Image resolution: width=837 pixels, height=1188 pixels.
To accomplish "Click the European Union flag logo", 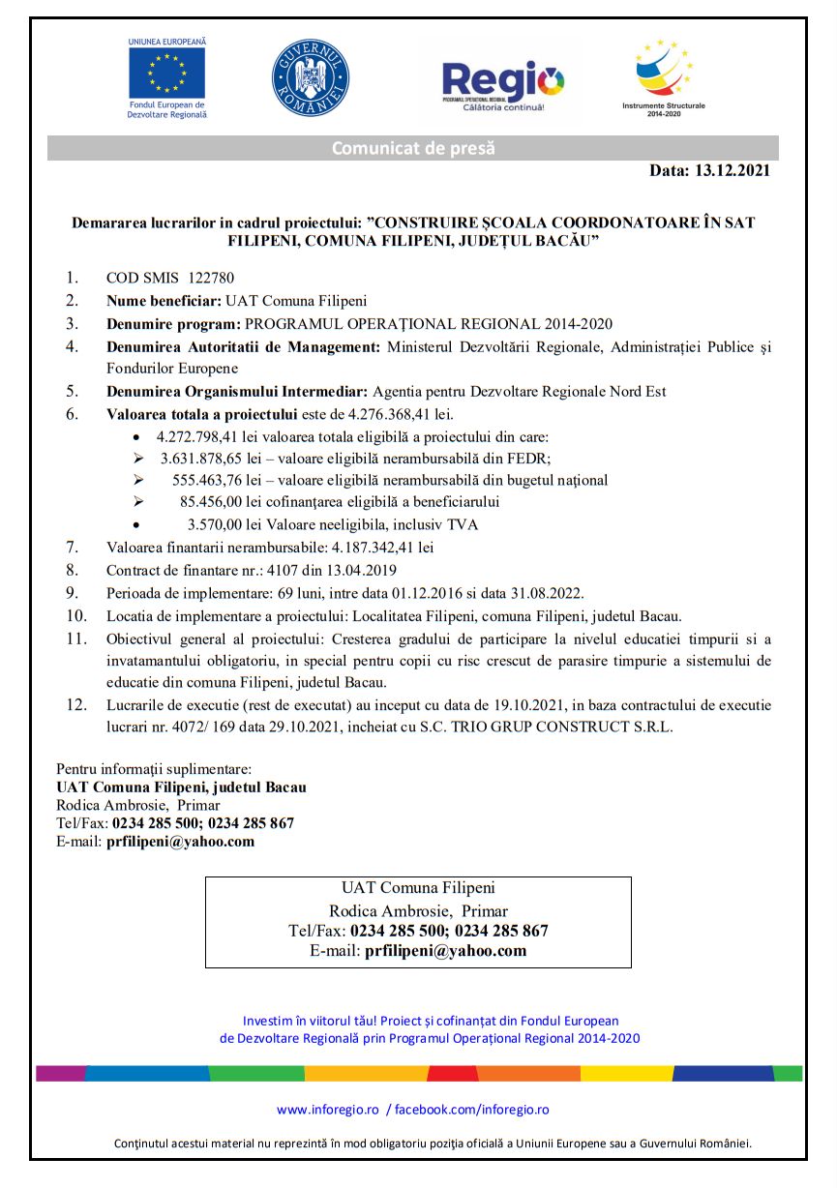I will (x=166, y=72).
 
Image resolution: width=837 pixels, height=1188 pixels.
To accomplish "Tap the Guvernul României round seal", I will (x=310, y=78).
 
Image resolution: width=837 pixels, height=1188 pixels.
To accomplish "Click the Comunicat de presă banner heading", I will (x=413, y=148).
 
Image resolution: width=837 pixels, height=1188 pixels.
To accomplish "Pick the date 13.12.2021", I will (x=732, y=170).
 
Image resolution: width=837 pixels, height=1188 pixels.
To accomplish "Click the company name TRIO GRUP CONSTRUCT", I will (x=553, y=726).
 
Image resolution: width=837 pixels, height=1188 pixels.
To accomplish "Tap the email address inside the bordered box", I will (x=445, y=950).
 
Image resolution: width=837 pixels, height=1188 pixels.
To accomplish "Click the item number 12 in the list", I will (x=76, y=704).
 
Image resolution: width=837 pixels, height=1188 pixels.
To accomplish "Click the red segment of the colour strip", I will (x=452, y=1073).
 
